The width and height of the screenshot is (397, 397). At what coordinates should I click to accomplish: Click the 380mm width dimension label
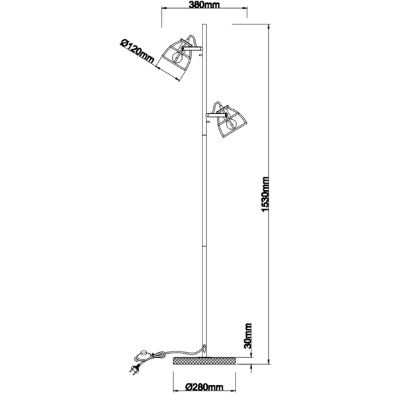click(x=203, y=5)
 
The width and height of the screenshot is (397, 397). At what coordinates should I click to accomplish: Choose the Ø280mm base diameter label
click(x=203, y=387)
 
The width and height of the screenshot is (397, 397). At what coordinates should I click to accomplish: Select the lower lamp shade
click(x=229, y=120)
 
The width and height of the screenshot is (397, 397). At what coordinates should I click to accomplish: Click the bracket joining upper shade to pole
click(x=195, y=47)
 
